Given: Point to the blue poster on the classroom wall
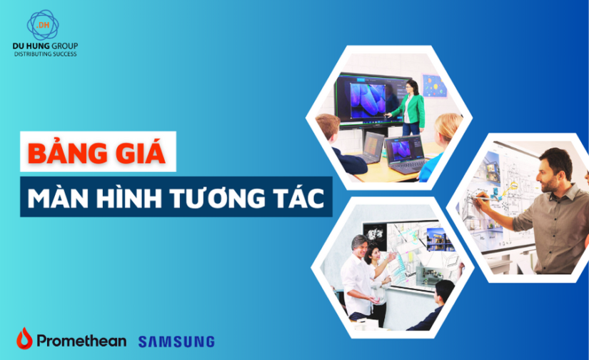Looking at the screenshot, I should (x=433, y=86).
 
